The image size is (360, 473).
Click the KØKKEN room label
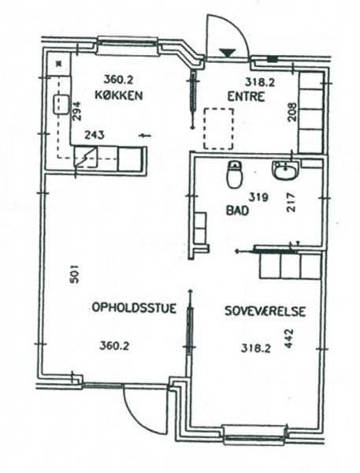[x=118, y=95]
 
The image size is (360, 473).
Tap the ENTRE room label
[x=246, y=97]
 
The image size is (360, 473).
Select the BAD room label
[x=238, y=210]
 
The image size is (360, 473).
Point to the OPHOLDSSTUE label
[x=134, y=308]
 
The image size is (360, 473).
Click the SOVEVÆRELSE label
[x=265, y=311]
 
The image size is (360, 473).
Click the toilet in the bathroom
[x=235, y=174]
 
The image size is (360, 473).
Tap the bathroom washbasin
[x=285, y=170]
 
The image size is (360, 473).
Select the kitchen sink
[x=61, y=105]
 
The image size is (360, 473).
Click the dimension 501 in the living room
[x=74, y=274]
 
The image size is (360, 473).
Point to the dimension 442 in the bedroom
[x=289, y=338]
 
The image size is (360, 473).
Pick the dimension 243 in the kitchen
[x=94, y=135]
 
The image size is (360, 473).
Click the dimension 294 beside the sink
[x=77, y=111]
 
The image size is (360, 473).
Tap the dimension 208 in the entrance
[x=291, y=112]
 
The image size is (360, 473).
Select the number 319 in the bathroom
[x=258, y=198]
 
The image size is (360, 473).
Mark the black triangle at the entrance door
[x=228, y=53]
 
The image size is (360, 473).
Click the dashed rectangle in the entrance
[x=218, y=128]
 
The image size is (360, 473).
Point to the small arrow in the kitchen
[x=145, y=136]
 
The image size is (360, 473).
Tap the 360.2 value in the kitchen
[x=118, y=80]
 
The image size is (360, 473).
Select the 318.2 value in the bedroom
[x=256, y=348]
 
